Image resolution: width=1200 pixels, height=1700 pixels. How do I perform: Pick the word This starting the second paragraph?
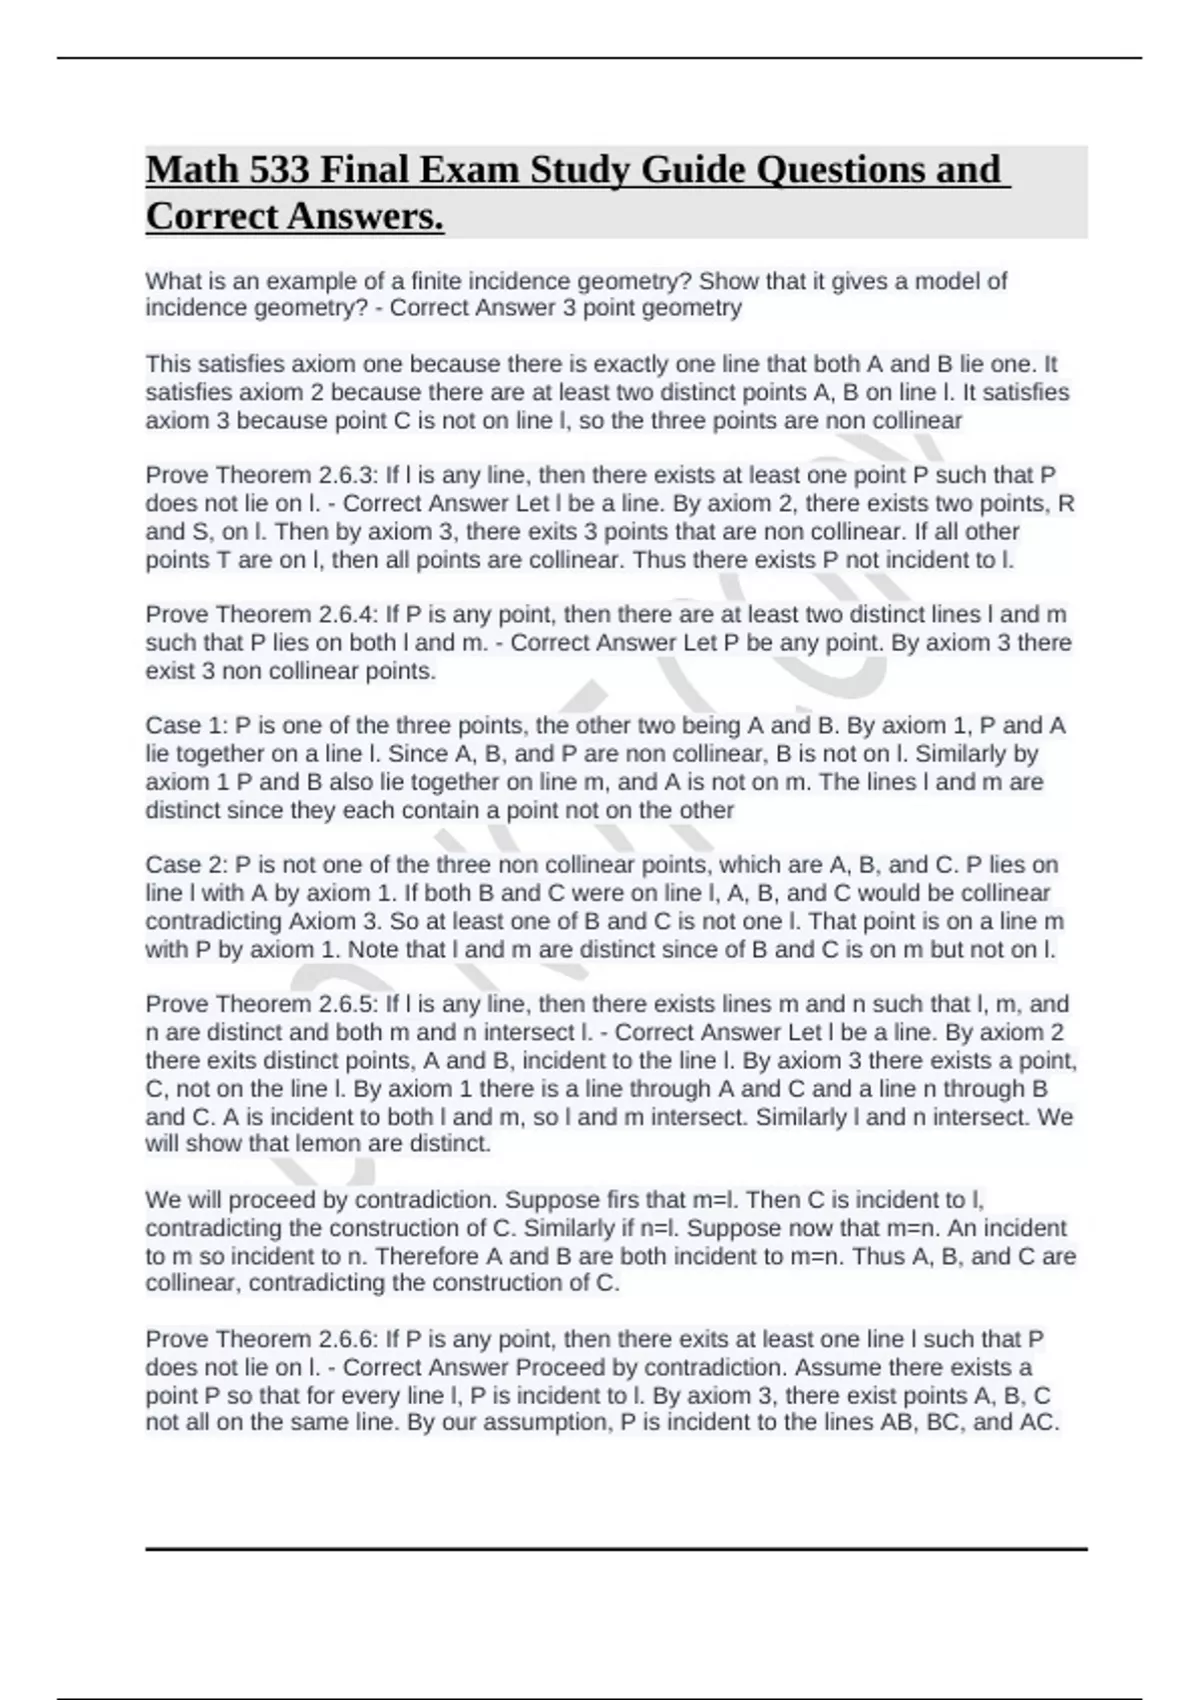point(168,364)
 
